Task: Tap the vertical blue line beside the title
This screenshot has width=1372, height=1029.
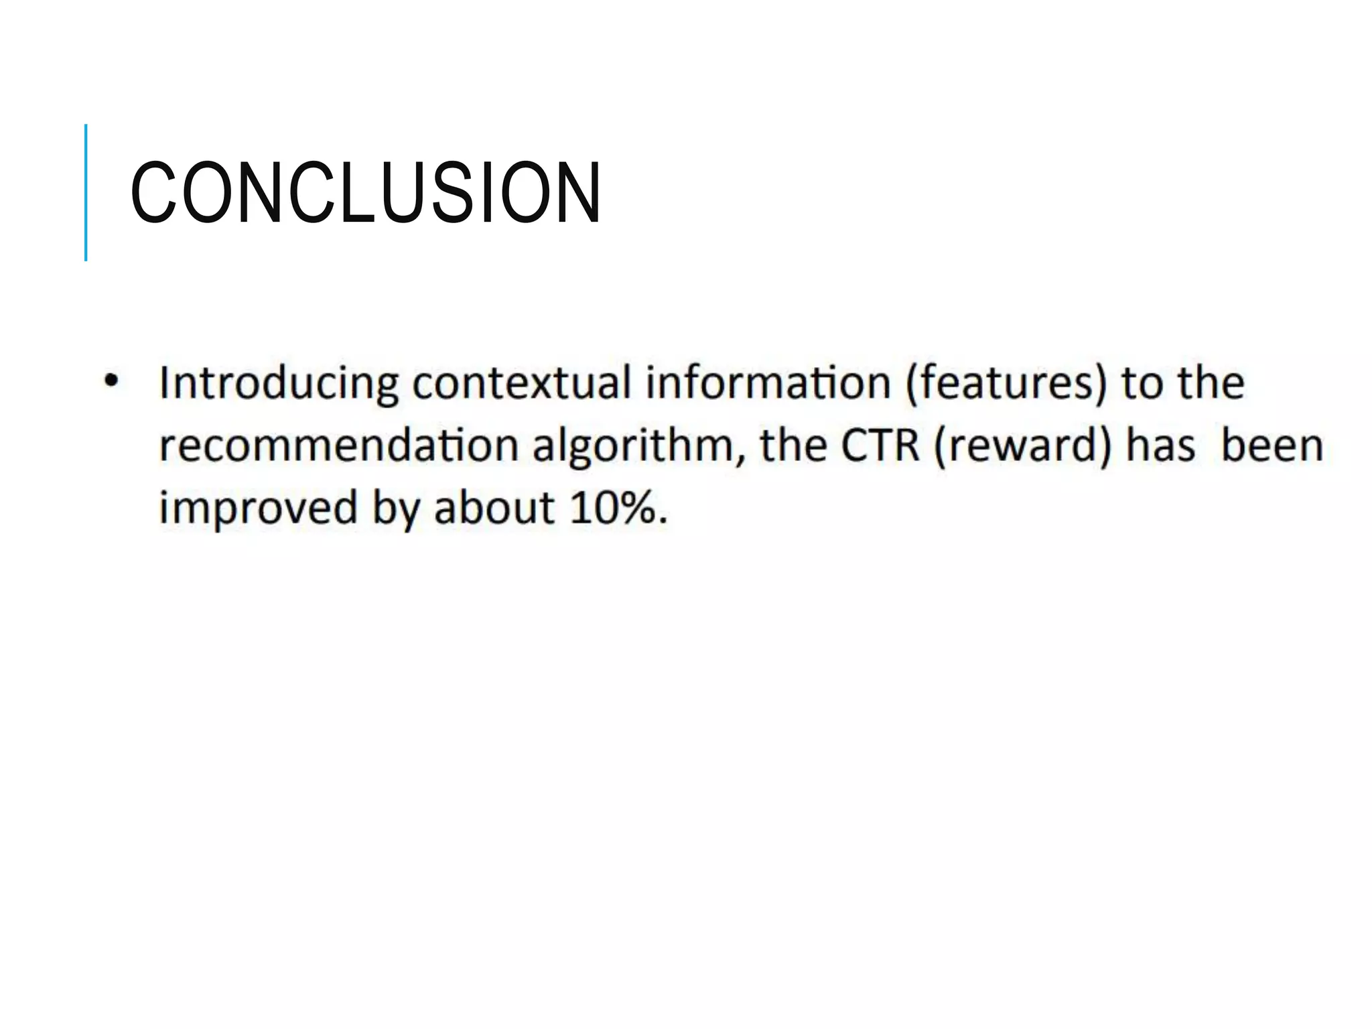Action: coord(86,192)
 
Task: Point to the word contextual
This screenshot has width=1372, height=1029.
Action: coord(522,383)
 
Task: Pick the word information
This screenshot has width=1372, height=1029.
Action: coord(768,383)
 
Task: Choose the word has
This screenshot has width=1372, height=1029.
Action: coord(1161,445)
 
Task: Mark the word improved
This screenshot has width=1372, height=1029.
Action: coord(258,508)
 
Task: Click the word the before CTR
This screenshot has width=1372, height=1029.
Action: coord(794,445)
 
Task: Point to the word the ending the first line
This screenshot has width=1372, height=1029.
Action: coord(1211,383)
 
